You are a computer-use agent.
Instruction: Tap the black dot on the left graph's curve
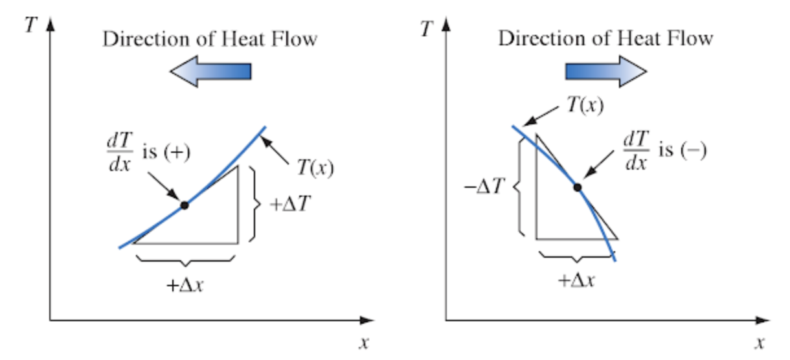tap(185, 205)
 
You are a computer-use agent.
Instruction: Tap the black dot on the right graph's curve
tap(578, 188)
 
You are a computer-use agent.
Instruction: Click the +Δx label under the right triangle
tap(577, 280)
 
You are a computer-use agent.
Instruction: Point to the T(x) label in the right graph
tap(585, 105)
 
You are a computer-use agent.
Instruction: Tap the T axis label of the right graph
tap(425, 29)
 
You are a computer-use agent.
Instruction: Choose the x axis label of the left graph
tap(364, 343)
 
